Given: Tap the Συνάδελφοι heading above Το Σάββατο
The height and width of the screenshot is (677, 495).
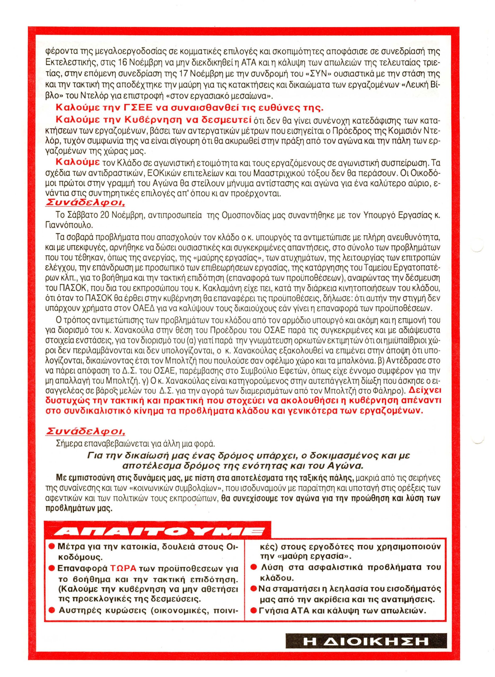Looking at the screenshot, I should (x=85, y=203).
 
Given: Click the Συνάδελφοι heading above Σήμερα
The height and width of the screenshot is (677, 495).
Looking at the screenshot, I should (x=85, y=432).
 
